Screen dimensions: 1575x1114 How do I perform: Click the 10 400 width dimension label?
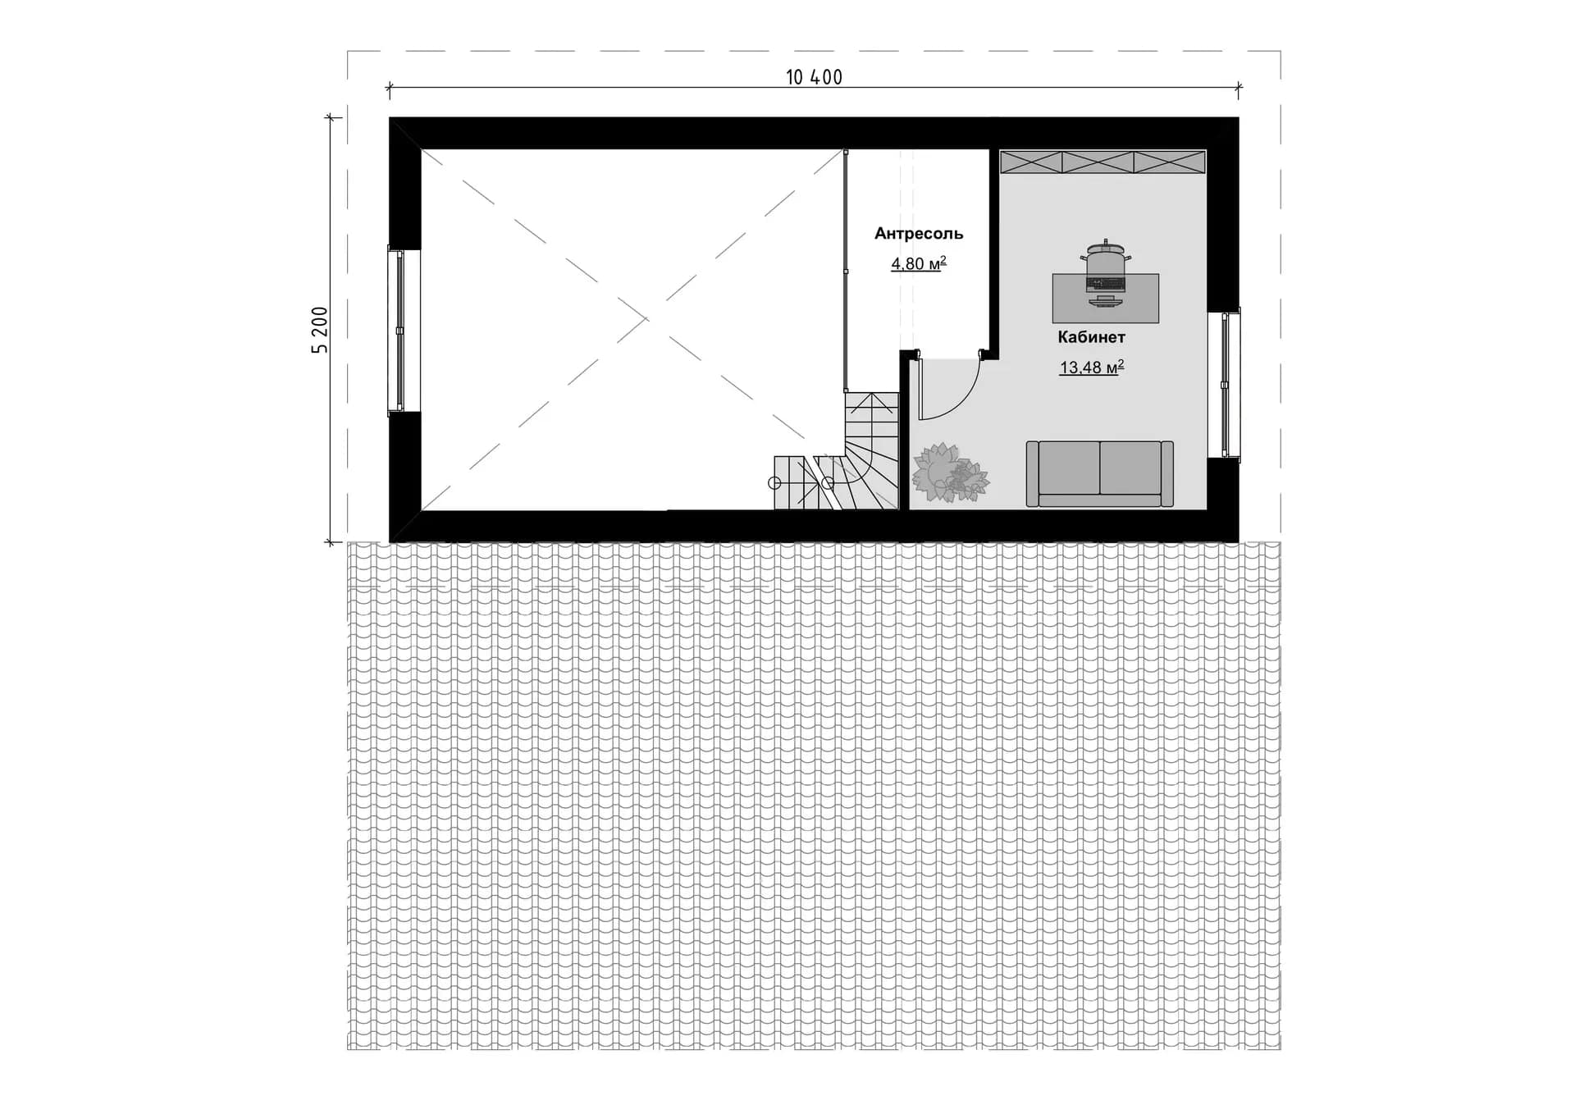coord(814,77)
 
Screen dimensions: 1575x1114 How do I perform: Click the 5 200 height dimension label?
coord(320,330)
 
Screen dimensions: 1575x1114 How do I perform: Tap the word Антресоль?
coord(919,234)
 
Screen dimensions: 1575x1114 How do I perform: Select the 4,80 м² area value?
coord(919,263)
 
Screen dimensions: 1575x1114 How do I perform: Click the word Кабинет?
coord(1091,337)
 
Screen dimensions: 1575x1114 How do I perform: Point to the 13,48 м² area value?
coord(1091,367)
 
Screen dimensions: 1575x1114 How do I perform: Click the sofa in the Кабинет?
coord(1099,473)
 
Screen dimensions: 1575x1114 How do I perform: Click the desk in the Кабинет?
coord(1106,298)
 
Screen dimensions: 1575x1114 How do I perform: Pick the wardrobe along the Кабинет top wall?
coord(1102,162)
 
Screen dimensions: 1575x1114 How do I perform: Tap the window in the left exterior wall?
coord(399,331)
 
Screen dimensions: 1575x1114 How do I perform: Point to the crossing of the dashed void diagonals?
coord(646,318)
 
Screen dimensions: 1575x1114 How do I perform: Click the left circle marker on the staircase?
coord(774,483)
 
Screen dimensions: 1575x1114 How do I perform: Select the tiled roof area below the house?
coord(814,796)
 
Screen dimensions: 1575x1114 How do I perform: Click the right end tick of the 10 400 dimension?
coord(1239,87)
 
